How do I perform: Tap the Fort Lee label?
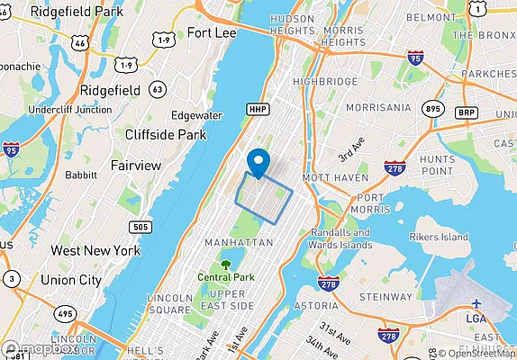(x=212, y=33)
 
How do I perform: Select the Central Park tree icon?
(x=225, y=265)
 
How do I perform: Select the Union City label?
(x=71, y=280)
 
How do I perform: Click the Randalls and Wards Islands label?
(x=340, y=238)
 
